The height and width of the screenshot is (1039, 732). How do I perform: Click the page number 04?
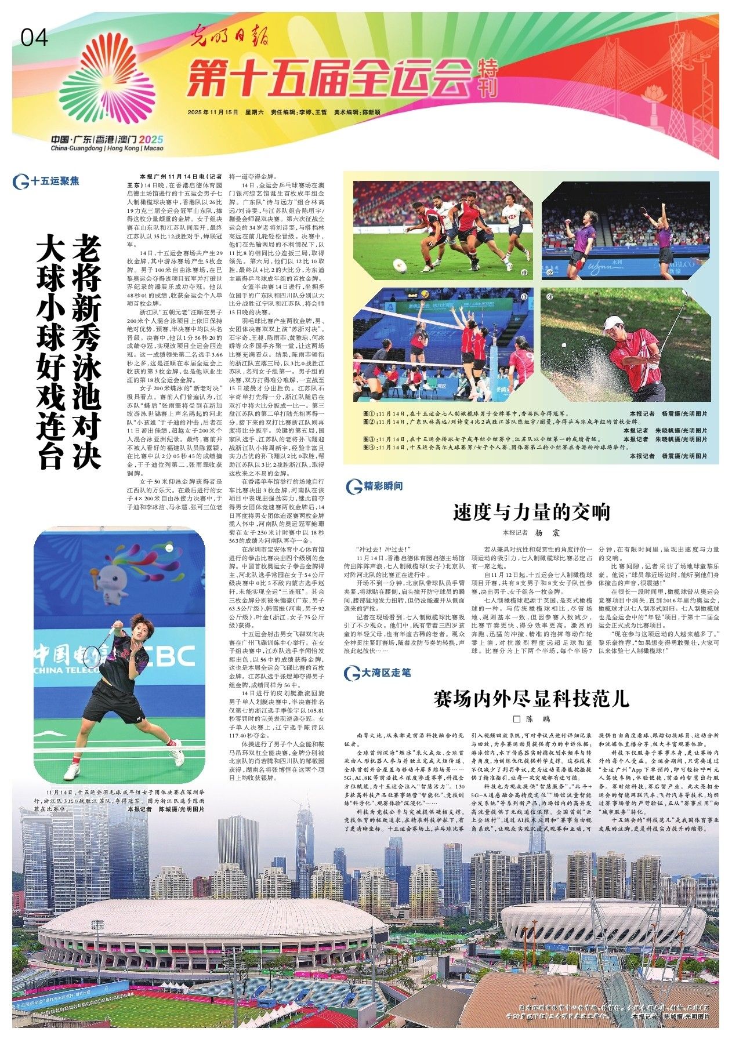tap(35, 38)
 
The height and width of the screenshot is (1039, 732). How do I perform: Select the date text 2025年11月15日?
tap(213, 112)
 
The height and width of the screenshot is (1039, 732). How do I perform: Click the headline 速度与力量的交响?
tap(531, 512)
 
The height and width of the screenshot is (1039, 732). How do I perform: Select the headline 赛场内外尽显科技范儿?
tap(531, 699)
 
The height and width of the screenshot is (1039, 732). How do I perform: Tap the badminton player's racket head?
tap(92, 656)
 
